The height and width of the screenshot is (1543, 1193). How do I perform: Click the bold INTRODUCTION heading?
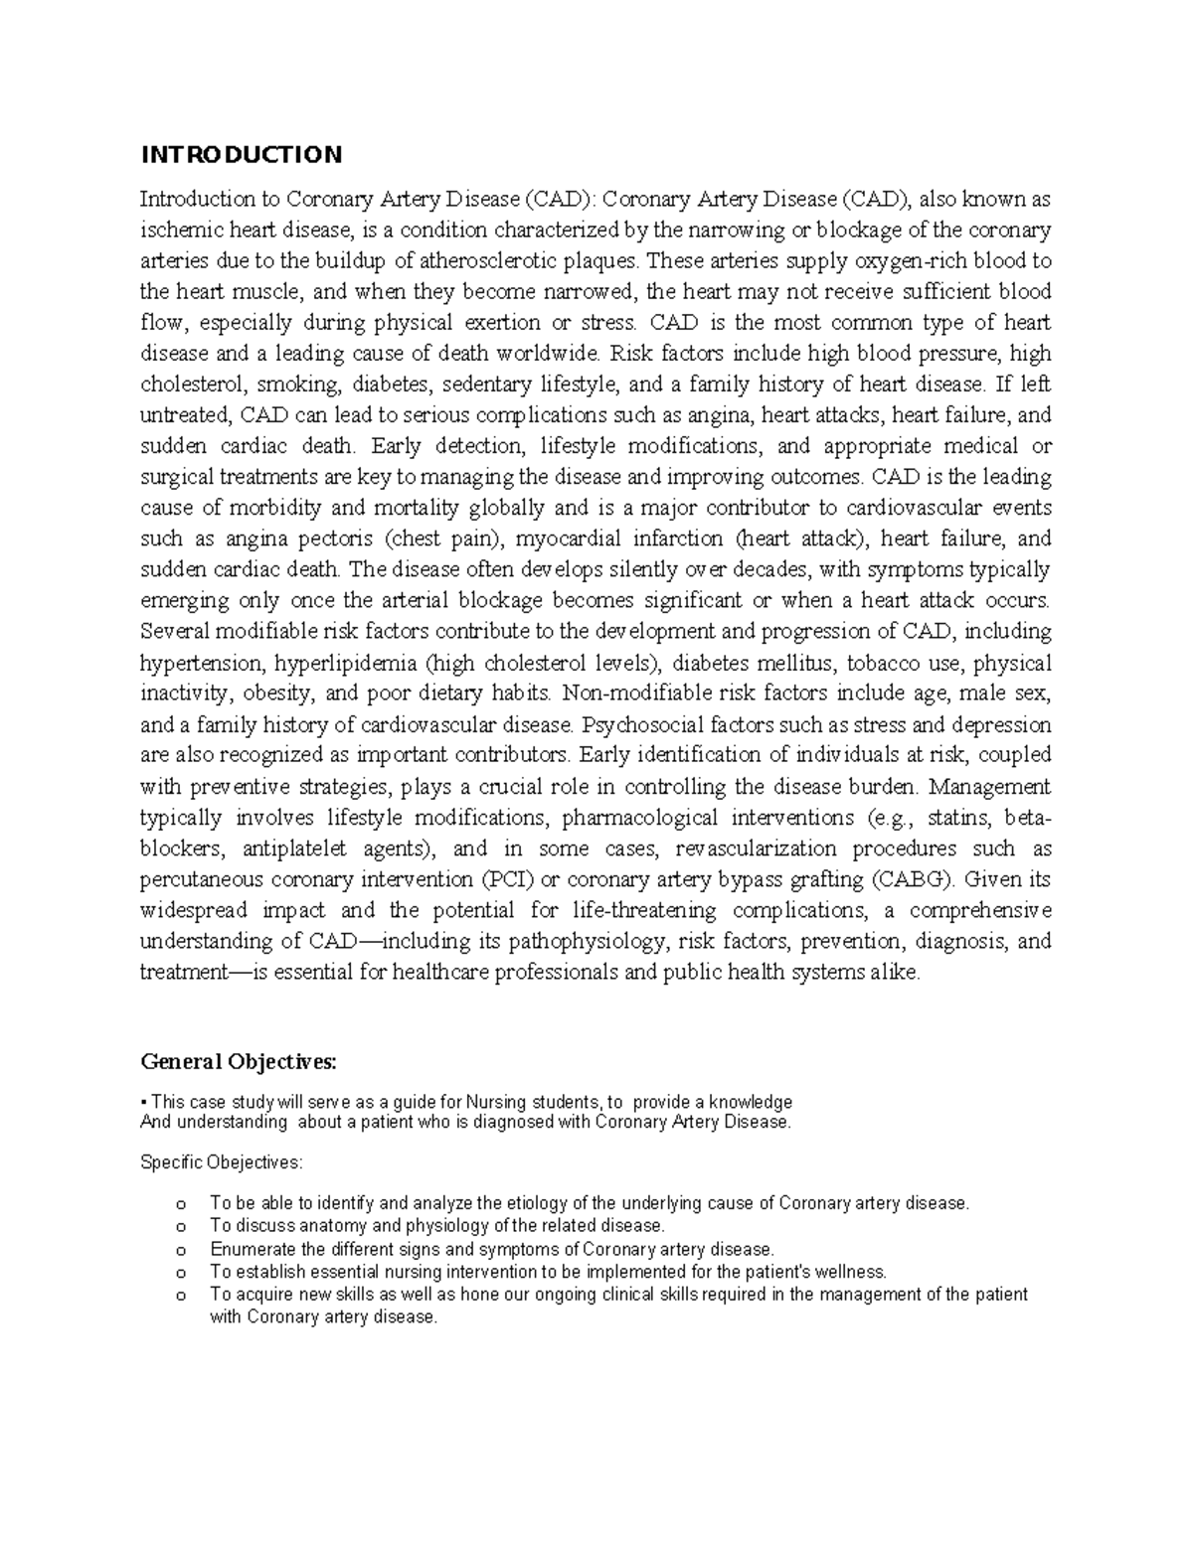point(241,154)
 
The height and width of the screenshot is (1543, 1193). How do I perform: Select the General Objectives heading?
point(239,1062)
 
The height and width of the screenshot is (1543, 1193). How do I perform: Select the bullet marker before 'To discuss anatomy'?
point(180,1227)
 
